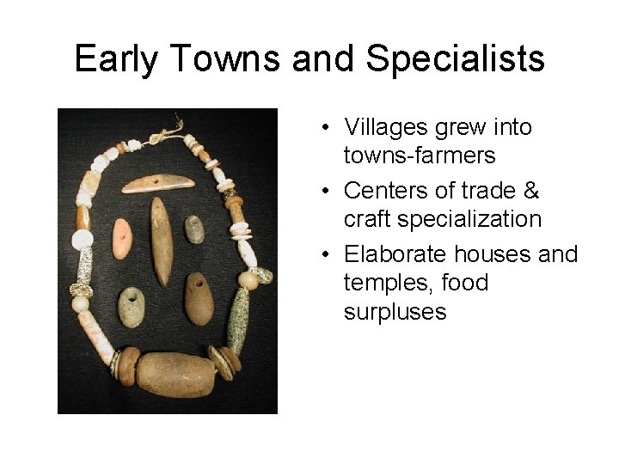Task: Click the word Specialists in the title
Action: [455, 59]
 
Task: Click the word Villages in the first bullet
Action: [386, 127]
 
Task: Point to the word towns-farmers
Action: [419, 156]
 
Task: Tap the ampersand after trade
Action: [530, 190]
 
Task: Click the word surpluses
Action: [395, 311]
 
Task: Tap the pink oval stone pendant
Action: [123, 238]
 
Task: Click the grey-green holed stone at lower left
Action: [132, 306]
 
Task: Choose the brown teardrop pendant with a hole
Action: [199, 298]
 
